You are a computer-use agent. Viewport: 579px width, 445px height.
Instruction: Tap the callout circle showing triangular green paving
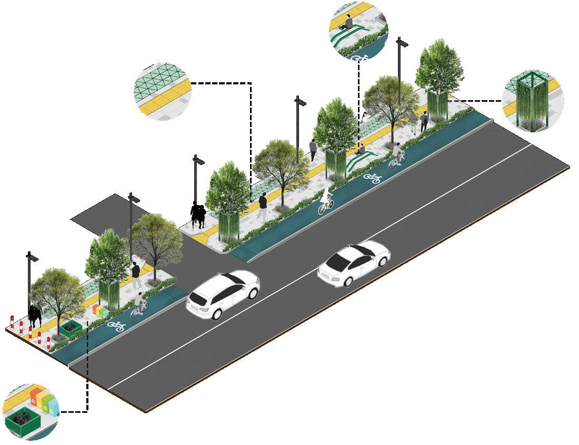(162, 92)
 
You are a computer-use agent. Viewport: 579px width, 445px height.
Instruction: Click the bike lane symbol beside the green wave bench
(373, 178)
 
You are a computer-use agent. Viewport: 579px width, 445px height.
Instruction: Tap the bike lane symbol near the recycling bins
(116, 326)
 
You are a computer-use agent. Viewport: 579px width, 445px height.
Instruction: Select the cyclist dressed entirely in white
(326, 201)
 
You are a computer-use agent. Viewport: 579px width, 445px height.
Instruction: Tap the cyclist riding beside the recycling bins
(138, 305)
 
